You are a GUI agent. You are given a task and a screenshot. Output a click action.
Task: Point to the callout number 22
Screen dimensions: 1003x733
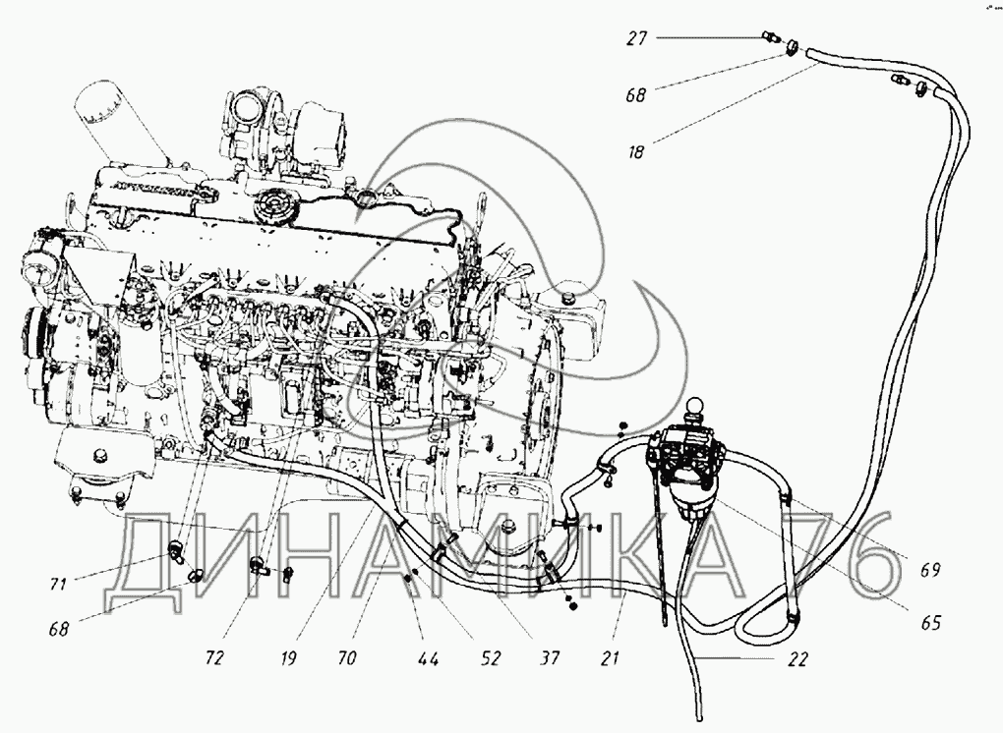coord(798,660)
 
